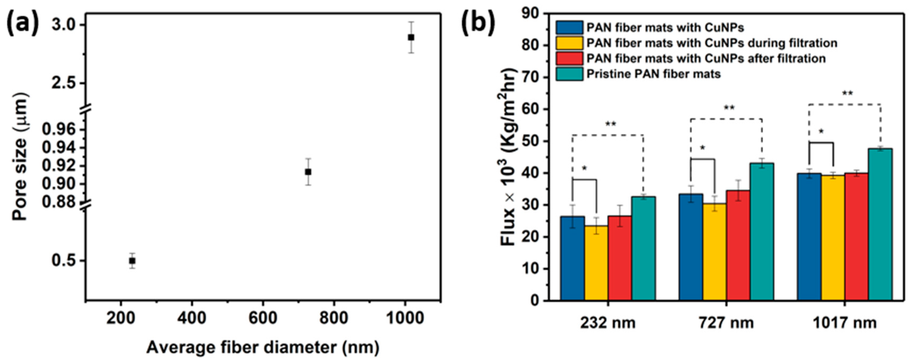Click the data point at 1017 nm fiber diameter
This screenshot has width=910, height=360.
tap(411, 37)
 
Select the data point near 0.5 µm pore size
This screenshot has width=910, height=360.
tap(132, 261)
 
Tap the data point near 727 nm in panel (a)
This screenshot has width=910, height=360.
tap(308, 172)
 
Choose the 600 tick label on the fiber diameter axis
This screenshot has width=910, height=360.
tap(263, 318)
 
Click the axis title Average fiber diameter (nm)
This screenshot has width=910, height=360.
tap(263, 347)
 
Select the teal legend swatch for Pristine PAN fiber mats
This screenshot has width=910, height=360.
tap(569, 74)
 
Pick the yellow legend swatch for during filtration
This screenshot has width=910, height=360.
tap(569, 43)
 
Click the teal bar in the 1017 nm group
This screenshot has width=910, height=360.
tap(880, 224)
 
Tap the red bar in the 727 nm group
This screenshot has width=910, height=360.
tap(738, 245)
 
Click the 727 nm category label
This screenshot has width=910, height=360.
tap(726, 323)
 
